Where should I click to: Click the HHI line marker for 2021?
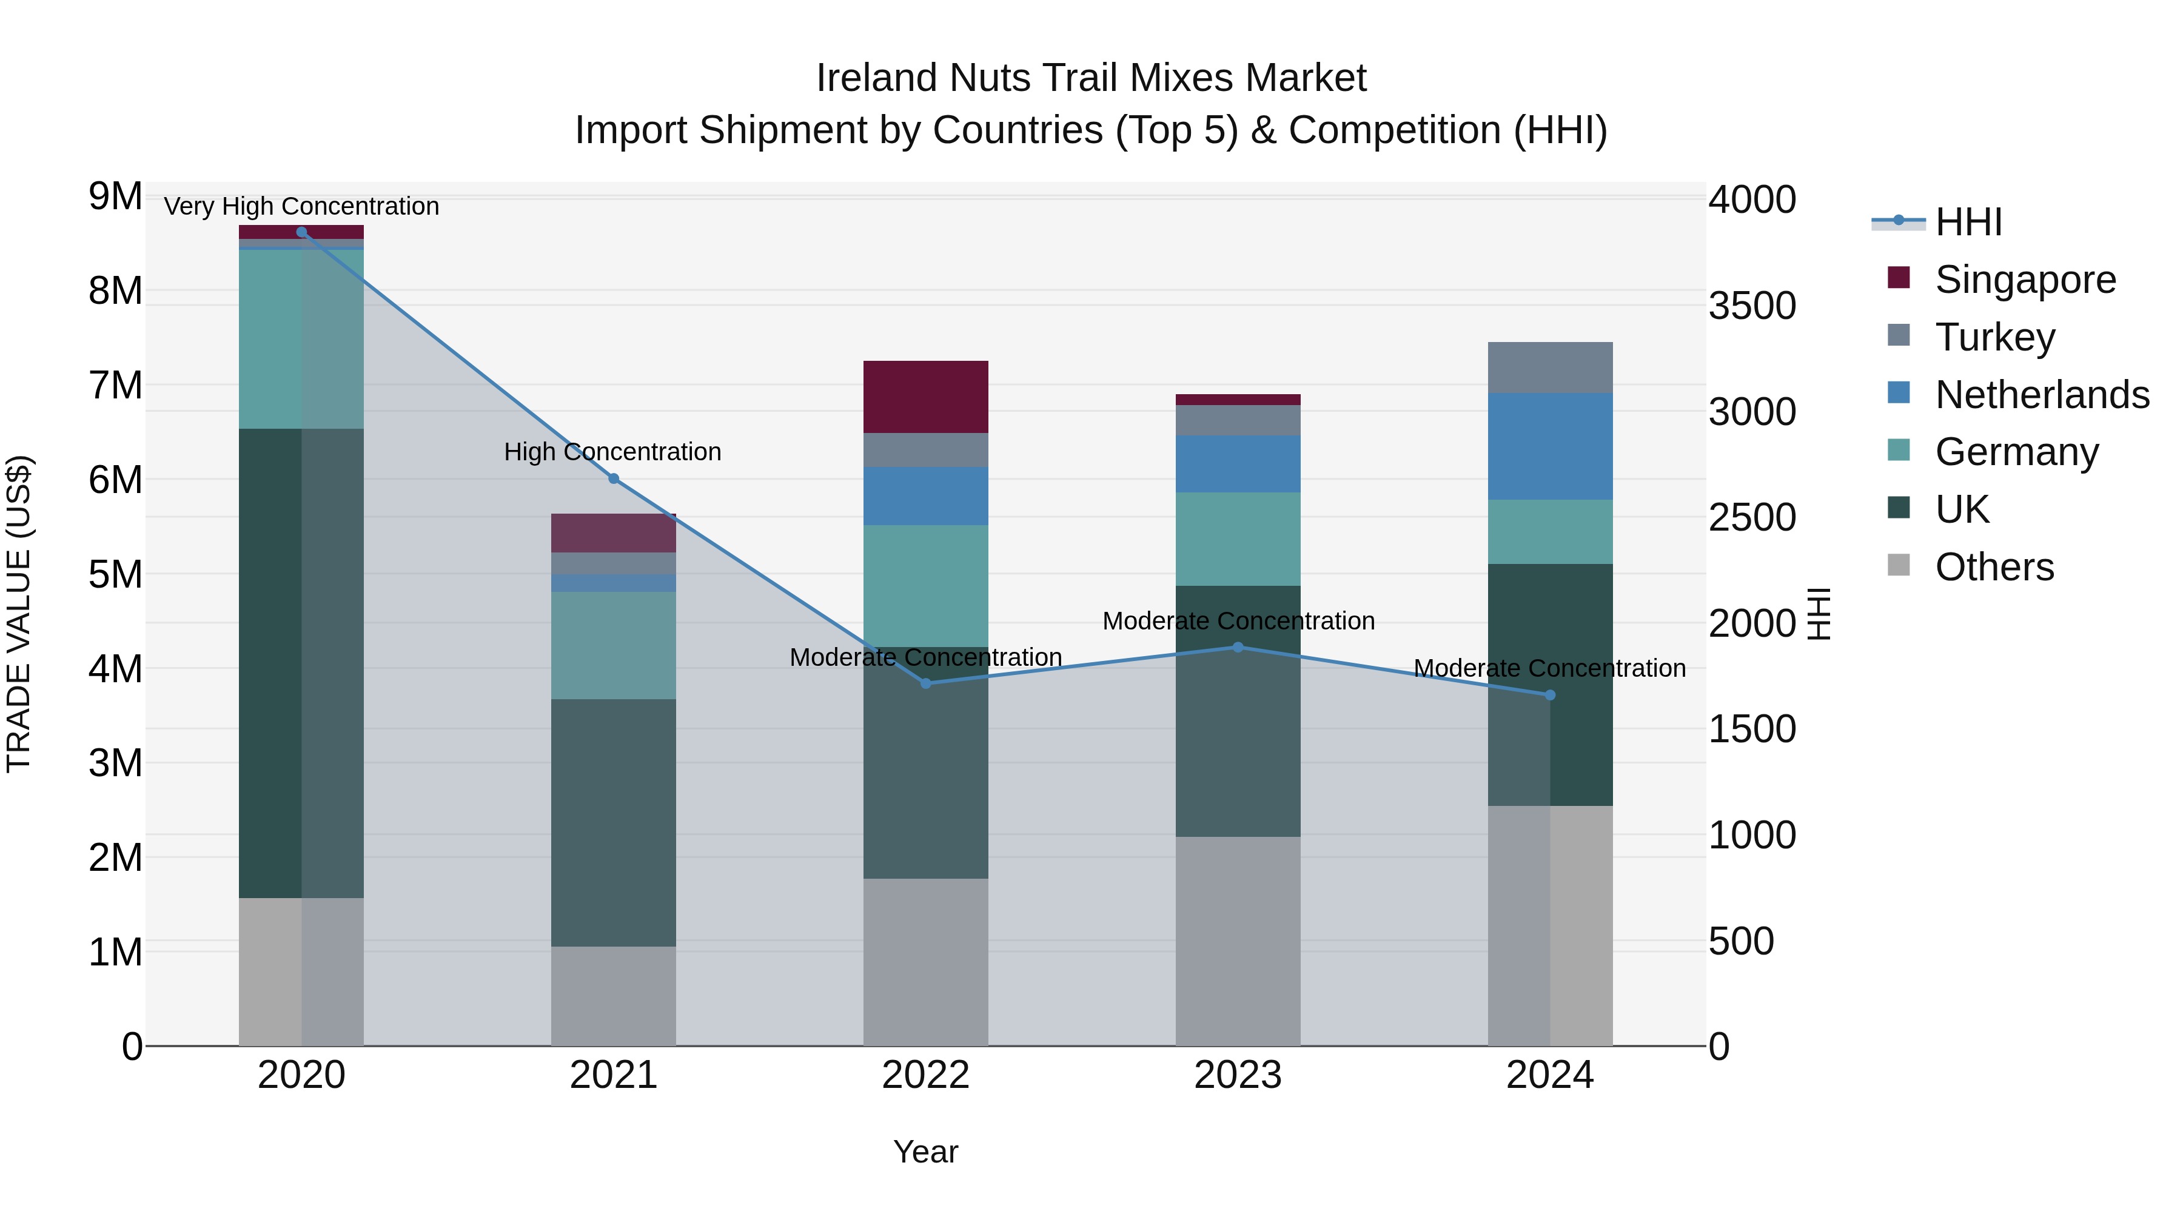tap(614, 479)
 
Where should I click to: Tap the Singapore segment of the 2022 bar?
tap(925, 397)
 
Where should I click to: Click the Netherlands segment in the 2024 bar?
tap(1550, 446)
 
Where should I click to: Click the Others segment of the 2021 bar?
tap(614, 996)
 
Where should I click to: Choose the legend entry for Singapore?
tap(2025, 279)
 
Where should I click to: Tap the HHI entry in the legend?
tap(1968, 222)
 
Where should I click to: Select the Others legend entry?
tap(1994, 567)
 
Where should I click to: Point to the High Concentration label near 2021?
tap(612, 452)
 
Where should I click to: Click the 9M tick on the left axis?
tap(115, 196)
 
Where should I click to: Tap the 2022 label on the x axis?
tap(925, 1075)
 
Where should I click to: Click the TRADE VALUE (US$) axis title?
tap(19, 614)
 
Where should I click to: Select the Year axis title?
tap(925, 1152)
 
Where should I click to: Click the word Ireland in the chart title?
tap(876, 78)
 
